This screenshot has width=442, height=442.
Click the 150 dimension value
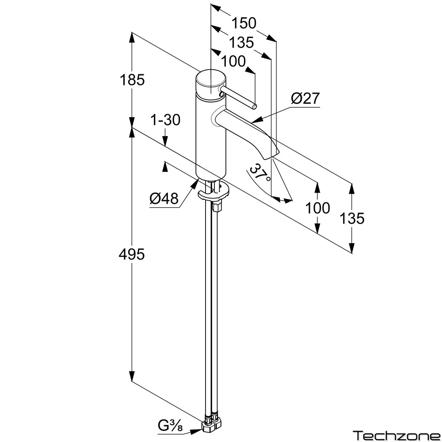coord(244,23)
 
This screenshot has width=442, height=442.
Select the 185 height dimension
coord(132,80)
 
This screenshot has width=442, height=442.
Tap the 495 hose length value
coord(132,254)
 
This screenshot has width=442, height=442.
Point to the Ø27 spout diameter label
coord(305,98)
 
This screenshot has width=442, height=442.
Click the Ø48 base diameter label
coord(164,198)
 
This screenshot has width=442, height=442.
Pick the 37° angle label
coord(260,172)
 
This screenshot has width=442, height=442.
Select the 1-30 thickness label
coord(165,120)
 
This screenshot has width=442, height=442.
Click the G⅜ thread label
coord(170,426)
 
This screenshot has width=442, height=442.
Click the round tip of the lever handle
coord(254,107)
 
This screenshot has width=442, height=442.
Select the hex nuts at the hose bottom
coord(212,424)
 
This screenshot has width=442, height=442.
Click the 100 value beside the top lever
coord(233,61)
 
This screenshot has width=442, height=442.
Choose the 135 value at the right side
coord(352,218)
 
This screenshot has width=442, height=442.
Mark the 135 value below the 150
coord(241,42)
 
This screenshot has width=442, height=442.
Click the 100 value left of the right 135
coord(317,208)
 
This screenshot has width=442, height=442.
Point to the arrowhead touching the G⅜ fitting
coord(196,431)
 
